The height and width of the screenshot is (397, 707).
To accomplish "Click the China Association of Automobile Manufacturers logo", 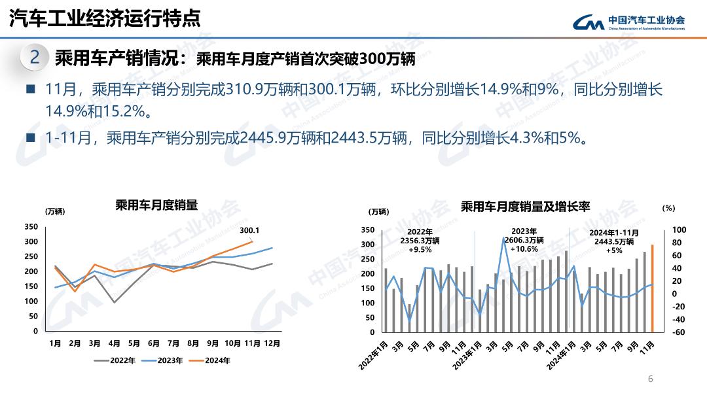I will coord(628,22).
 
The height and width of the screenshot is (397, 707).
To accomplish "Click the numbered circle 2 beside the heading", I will coord(35,58).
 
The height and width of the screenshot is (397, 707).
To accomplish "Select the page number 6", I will coord(650,379).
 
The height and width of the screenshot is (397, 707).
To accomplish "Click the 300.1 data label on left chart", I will coord(249,230).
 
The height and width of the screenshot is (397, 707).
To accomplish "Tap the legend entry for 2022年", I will coord(115,360).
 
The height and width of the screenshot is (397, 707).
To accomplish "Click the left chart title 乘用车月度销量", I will coord(156,205).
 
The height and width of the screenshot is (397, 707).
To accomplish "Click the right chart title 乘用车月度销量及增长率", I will coord(526,207).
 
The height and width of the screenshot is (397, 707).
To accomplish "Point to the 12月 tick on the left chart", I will coord(272,343).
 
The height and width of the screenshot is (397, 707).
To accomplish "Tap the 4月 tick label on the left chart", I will coord(114,343).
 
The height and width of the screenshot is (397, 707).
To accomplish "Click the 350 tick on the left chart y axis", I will coord(31,227).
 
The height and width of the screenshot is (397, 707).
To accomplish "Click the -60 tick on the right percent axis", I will coord(678,332).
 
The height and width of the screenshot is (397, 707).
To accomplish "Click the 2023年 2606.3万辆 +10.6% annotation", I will coord(524,240).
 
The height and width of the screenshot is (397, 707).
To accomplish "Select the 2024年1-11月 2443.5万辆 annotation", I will coord(614,241).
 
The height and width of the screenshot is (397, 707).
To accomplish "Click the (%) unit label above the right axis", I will coord(668,208).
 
